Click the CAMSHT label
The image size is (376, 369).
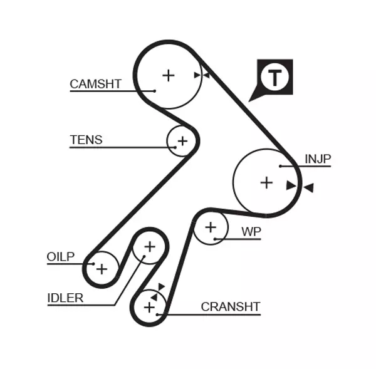tap(95, 84)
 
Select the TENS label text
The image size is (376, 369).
tap(86, 140)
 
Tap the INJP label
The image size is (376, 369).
tap(318, 159)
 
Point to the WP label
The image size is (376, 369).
tap(251, 232)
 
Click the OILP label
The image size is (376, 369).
tap(61, 257)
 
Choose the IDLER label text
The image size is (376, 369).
tap(65, 298)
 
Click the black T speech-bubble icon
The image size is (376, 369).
tap(274, 78)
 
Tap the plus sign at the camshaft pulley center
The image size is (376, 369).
tap(168, 75)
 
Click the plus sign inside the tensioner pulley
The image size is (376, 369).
tap(182, 141)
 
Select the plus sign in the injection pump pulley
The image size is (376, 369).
tap(267, 182)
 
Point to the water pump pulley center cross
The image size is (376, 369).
tap(211, 227)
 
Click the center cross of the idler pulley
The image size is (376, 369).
tap(149, 247)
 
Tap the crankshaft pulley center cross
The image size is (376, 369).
tap(149, 308)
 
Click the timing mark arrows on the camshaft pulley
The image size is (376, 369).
tap(201, 75)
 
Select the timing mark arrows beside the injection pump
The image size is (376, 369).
tap(299, 186)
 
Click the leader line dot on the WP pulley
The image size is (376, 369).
tap(215, 239)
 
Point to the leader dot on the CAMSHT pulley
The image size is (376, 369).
tap(154, 91)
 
